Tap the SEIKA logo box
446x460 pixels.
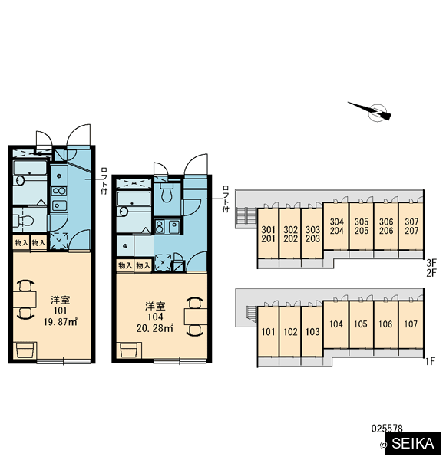click(413, 442)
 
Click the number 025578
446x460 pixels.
click(387, 428)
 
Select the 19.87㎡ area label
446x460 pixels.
click(60, 322)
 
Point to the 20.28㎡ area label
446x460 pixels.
click(155, 328)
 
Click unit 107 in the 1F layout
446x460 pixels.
click(411, 325)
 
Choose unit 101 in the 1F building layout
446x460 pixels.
click(268, 331)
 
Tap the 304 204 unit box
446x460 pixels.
click(336, 226)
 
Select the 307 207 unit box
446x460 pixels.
click(411, 226)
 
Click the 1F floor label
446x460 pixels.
click(430, 361)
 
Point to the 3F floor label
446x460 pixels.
click(431, 262)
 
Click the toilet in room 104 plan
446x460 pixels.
click(167, 192)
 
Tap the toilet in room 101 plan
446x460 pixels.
click(23, 221)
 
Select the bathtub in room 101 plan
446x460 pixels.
click(30, 168)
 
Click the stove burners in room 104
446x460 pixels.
click(160, 227)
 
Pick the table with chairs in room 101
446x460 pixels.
click(25, 300)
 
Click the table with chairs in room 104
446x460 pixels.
click(195, 317)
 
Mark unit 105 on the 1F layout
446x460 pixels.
click(361, 325)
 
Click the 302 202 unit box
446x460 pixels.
click(290, 234)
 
